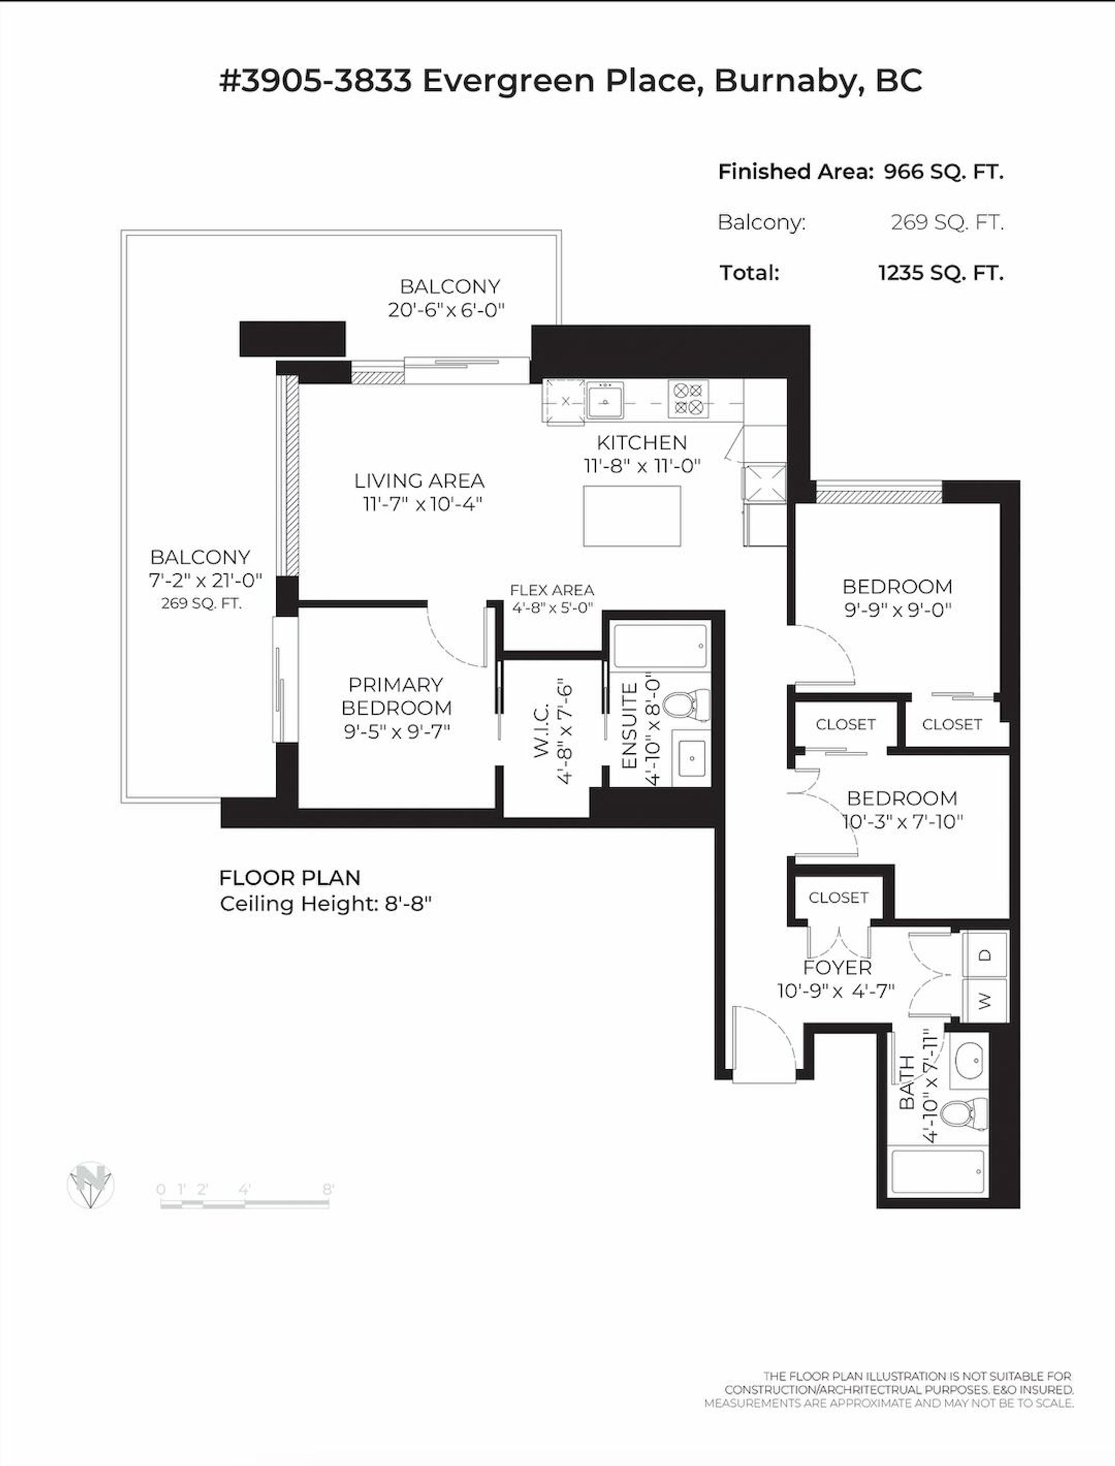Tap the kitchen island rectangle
tap(632, 516)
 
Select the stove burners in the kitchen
tap(688, 398)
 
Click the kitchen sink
tap(605, 400)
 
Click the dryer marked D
tap(985, 954)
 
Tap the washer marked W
tap(985, 1000)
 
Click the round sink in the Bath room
tap(970, 1061)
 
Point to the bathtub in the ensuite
tap(661, 646)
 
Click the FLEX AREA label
tap(552, 590)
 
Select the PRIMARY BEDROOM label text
tap(396, 695)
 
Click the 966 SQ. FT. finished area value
tap(943, 172)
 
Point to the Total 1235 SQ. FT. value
tap(940, 273)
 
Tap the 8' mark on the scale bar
tap(328, 1190)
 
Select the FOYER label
tap(837, 968)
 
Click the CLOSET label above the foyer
tap(838, 897)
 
